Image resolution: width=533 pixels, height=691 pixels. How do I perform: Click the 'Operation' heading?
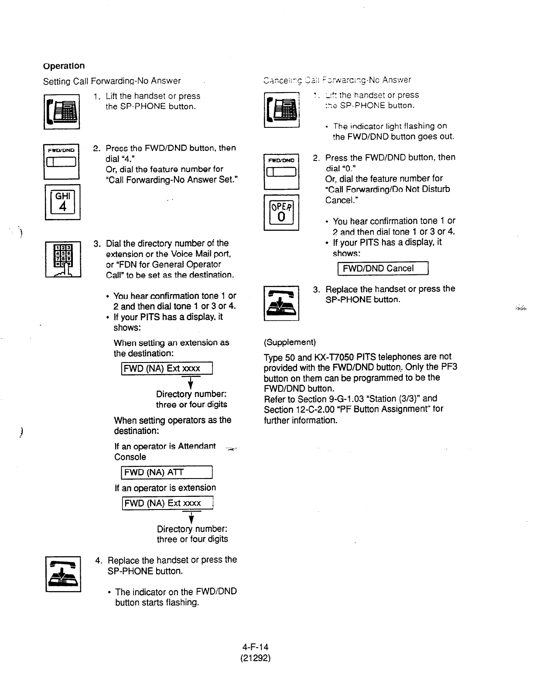[64, 66]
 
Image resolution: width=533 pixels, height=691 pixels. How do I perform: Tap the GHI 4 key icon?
[63, 202]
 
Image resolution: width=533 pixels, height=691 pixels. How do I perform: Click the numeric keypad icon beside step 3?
[63, 260]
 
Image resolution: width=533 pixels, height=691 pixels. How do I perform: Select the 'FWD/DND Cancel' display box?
[383, 268]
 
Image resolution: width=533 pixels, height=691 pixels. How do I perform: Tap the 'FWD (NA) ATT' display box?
[167, 472]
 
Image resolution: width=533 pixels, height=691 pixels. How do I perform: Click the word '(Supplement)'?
[290, 342]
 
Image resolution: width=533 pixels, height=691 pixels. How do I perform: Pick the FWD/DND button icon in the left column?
[61, 161]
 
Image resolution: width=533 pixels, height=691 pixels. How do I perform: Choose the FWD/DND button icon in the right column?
[281, 171]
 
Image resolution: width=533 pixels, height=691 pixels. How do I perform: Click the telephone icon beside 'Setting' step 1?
[61, 112]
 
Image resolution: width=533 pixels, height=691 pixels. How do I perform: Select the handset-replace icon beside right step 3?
[281, 303]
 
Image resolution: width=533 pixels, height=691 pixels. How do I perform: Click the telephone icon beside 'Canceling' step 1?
[281, 109]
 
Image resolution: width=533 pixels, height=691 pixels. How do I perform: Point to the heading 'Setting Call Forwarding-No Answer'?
[112, 81]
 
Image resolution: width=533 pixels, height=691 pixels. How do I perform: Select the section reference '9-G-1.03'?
[346, 399]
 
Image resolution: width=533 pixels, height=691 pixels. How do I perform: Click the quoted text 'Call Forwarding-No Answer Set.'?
[172, 180]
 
